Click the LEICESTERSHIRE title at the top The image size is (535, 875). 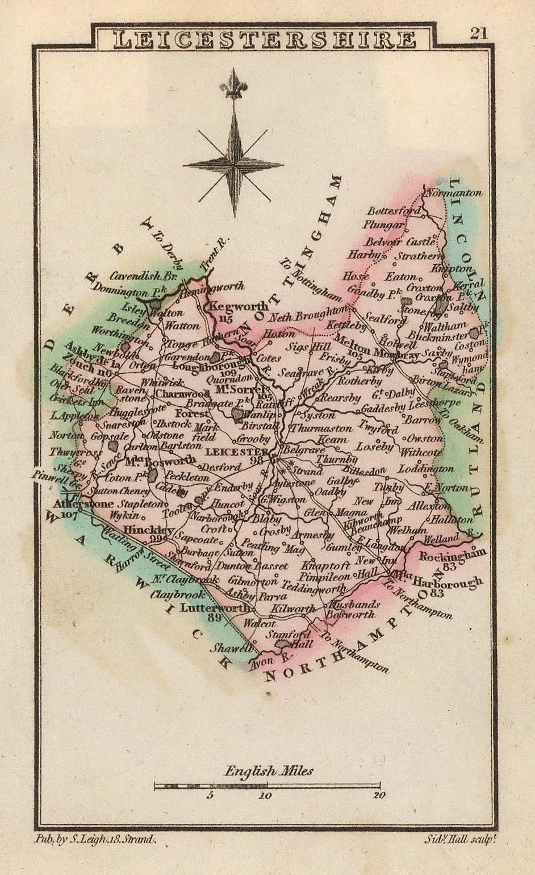point(264,40)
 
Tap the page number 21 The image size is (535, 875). point(478,33)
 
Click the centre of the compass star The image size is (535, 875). point(233,164)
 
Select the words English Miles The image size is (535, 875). point(269,771)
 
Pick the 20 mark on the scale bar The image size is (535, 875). point(379,795)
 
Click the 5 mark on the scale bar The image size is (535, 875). point(210,795)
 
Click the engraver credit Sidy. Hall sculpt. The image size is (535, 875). point(461,839)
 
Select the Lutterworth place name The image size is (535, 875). point(215,607)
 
